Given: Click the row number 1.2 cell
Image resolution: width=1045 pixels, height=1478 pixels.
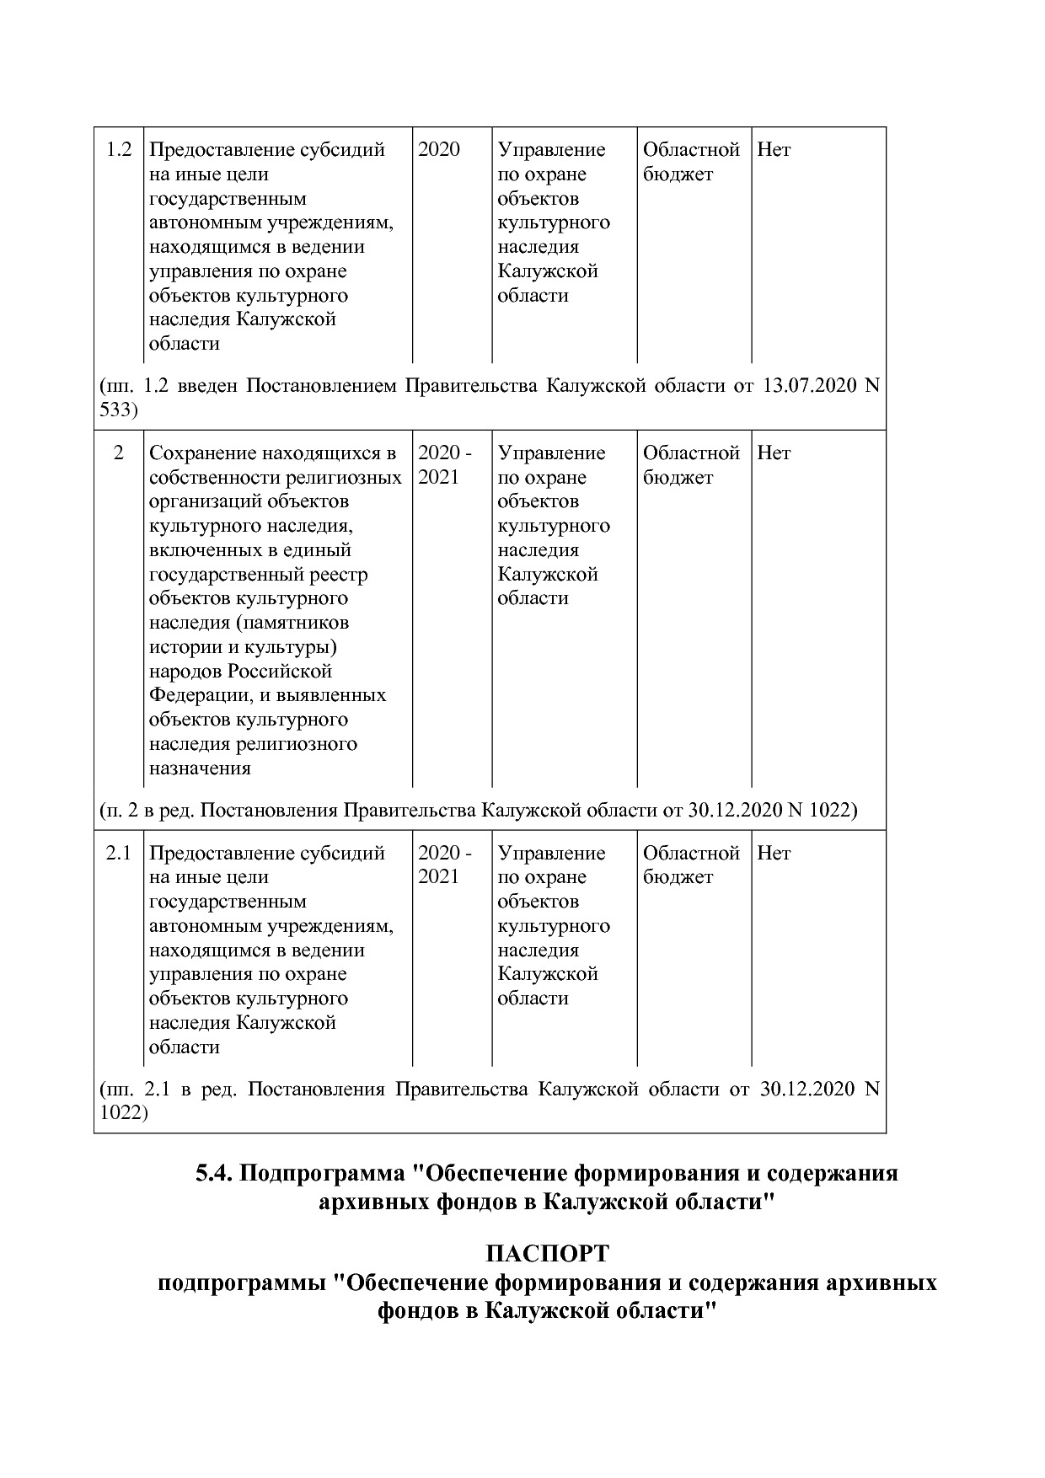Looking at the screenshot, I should coord(119,150).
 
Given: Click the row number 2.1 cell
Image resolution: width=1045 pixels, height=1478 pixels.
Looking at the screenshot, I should coord(119,853).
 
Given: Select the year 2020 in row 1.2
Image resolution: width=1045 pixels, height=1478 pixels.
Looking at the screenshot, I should coord(439,150).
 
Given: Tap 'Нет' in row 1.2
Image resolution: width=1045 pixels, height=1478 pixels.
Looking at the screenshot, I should coord(774,150).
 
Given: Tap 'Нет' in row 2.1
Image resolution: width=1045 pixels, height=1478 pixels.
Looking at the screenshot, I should coord(774,853).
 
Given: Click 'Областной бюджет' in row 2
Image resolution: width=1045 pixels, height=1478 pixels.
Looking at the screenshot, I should coord(691,465).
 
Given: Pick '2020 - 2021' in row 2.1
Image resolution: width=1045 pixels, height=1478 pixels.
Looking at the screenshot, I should coord(445,865).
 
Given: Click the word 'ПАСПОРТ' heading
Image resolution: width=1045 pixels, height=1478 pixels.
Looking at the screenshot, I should coord(546,1255).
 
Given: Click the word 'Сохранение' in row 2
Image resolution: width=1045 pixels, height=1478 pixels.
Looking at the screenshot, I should coord(203,453).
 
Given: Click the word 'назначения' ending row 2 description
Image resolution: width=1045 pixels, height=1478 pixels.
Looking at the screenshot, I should coord(200,768).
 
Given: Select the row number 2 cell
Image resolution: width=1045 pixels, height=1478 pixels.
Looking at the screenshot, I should coord(119,453).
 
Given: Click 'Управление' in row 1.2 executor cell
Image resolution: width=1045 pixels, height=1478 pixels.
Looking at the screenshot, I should coord(551,150).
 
